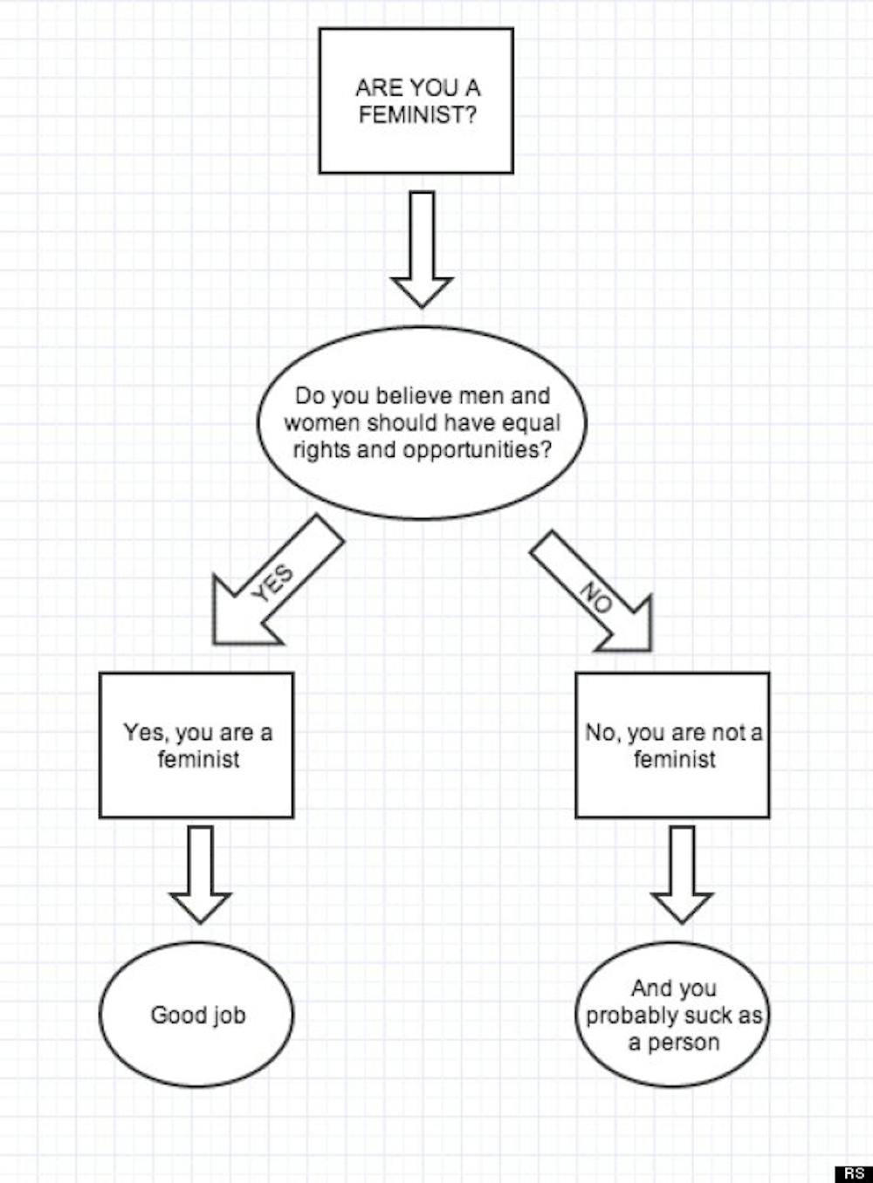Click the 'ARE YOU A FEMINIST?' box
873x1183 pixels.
pos(416,100)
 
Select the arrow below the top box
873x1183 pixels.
pos(422,249)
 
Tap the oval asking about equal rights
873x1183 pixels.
pos(422,423)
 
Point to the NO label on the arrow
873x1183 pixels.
pos(596,598)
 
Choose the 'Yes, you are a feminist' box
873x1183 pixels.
pos(196,745)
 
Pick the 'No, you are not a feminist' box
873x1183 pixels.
pos(672,745)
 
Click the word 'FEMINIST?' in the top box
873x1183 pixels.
pos(417,115)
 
